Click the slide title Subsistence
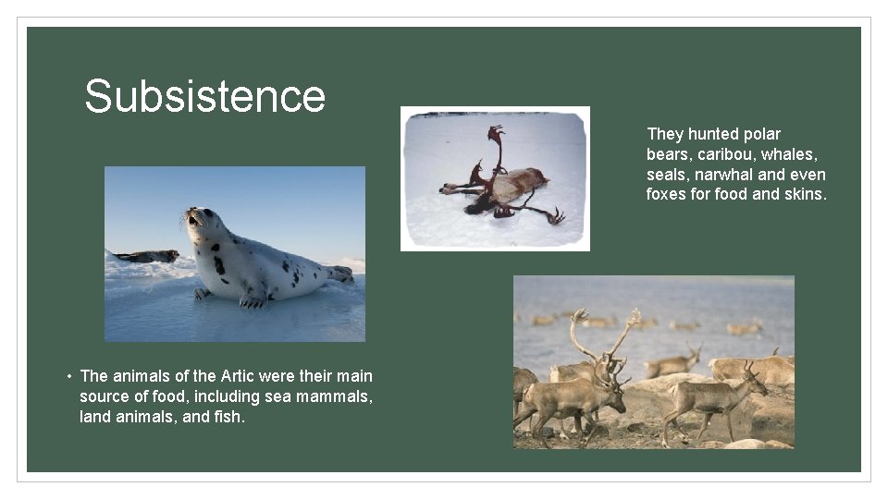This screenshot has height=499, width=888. tap(204, 96)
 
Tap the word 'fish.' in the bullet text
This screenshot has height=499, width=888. tap(228, 417)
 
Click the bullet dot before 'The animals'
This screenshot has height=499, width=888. tap(68, 377)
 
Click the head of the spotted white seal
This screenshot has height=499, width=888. tap(199, 222)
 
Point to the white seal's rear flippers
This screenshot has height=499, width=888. tap(339, 274)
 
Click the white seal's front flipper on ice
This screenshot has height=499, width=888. tap(252, 300)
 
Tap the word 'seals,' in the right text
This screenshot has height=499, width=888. tap(668, 175)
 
